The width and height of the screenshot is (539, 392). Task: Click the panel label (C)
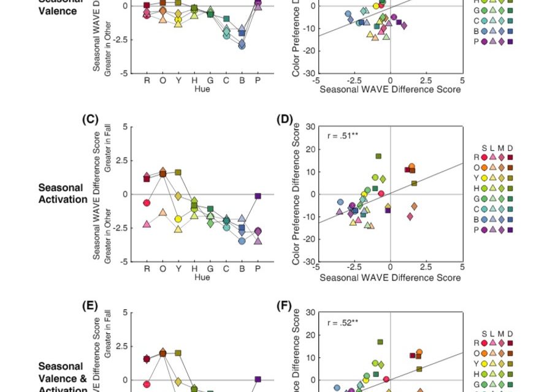click(x=90, y=119)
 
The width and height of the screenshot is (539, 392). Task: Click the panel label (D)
click(x=285, y=119)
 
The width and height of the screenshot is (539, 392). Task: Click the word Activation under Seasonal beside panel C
click(x=63, y=199)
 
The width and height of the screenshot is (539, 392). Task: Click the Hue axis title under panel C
click(x=202, y=277)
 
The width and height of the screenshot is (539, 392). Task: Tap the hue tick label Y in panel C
click(x=178, y=268)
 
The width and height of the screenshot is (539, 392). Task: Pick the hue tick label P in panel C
click(x=258, y=268)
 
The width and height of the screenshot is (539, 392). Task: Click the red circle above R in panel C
click(x=147, y=203)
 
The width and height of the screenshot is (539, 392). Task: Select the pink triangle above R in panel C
click(x=147, y=224)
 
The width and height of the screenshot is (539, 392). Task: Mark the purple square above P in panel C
click(x=258, y=196)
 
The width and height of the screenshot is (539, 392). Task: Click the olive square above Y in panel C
click(x=178, y=172)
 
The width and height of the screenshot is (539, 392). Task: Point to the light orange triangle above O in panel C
click(x=162, y=212)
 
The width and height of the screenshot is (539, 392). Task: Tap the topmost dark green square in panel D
click(x=378, y=156)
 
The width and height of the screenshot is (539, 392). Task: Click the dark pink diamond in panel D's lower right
click(x=410, y=216)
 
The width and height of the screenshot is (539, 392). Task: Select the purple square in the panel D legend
click(x=510, y=230)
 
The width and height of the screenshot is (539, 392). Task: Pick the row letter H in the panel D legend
click(x=476, y=188)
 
